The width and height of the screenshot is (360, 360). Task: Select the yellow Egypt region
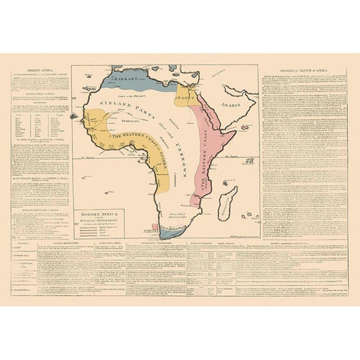click(x=186, y=101)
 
